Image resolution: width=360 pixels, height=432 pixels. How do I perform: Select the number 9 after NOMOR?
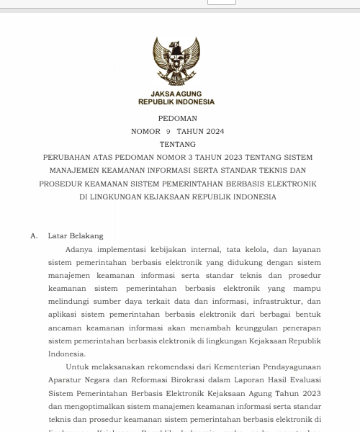(168, 132)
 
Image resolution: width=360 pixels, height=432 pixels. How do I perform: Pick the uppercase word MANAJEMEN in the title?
(78, 171)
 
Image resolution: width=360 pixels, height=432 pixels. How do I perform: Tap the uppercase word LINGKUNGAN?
(123, 197)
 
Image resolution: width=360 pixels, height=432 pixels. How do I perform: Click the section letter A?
(33, 236)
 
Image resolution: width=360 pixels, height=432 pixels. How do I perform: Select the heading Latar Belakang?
(76, 236)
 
